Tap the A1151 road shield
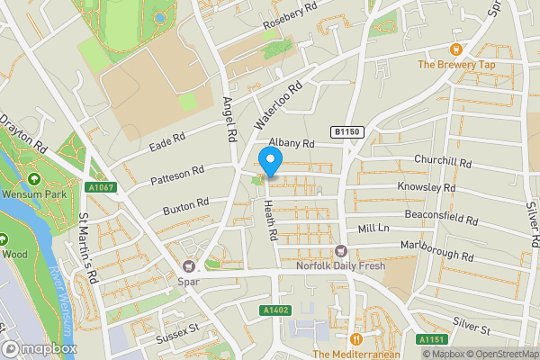pos(431,340)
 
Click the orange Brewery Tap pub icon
pos(455,49)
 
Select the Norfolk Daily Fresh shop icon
pos(340,251)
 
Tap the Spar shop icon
pos(188,265)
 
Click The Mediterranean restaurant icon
pos(356,339)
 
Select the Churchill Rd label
pos(444,161)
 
